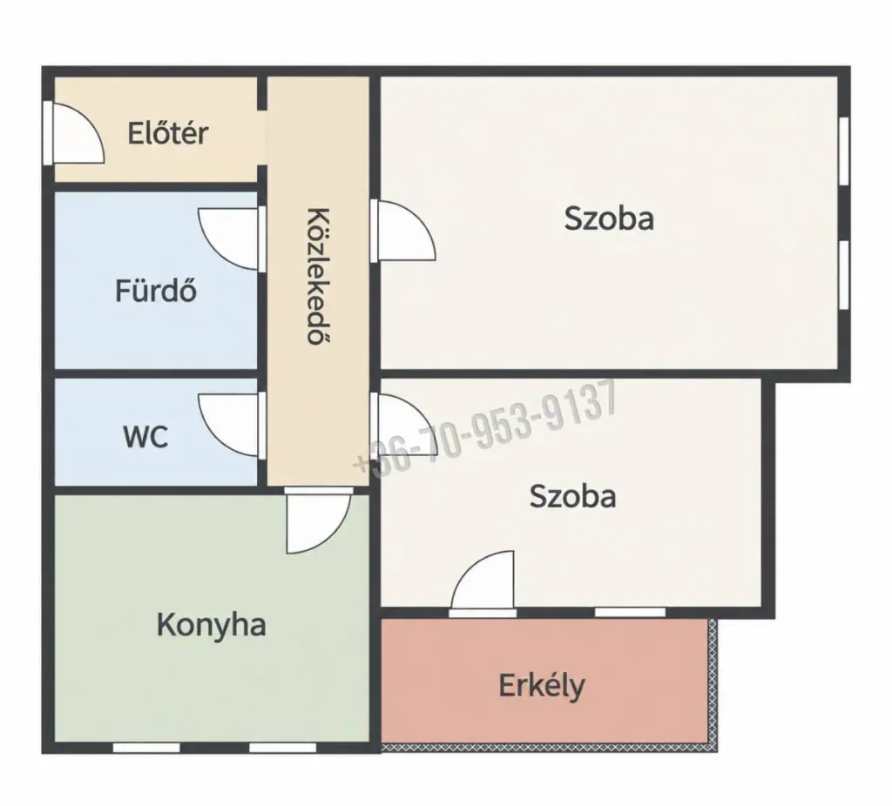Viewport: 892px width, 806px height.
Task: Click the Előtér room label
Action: click(168, 133)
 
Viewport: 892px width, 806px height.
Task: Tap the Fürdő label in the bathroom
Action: click(157, 290)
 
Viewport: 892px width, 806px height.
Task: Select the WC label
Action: click(145, 437)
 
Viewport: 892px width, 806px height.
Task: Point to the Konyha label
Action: click(211, 625)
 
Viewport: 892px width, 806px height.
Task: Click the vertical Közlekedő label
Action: click(319, 276)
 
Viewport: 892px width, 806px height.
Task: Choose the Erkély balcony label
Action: click(542, 686)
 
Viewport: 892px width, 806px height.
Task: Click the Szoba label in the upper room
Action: click(609, 218)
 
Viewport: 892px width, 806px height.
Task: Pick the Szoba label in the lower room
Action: click(572, 496)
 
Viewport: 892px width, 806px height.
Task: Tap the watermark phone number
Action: click(485, 427)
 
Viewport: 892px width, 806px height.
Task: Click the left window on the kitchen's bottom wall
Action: click(146, 748)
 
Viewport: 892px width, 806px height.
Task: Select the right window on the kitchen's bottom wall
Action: click(283, 748)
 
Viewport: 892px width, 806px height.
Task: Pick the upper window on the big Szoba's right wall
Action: click(844, 151)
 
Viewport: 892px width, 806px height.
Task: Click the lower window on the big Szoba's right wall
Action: click(844, 275)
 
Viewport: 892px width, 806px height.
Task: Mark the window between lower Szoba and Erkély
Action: click(630, 612)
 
